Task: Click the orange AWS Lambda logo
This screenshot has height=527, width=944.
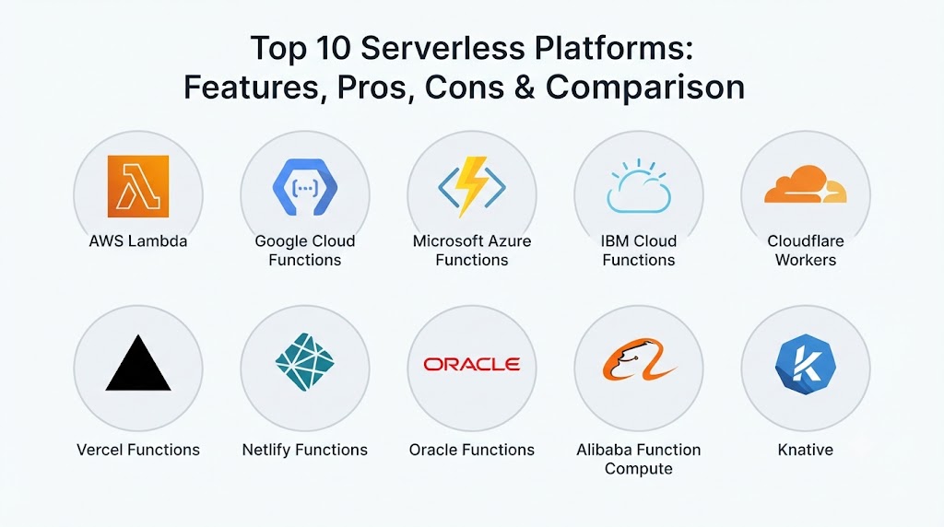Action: tap(138, 186)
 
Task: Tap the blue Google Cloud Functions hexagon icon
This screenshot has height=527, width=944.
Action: tap(304, 187)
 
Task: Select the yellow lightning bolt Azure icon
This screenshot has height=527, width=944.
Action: tap(472, 187)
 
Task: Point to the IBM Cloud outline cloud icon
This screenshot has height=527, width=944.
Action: tap(639, 186)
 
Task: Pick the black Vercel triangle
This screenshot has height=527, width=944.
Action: tap(138, 363)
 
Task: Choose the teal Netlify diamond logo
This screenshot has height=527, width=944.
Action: tap(304, 361)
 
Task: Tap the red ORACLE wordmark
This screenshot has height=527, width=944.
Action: tap(472, 364)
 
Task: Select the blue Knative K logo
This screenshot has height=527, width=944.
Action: tap(806, 363)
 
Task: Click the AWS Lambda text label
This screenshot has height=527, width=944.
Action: tap(138, 241)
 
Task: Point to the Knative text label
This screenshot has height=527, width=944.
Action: tap(806, 450)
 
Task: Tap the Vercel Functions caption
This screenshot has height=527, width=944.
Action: tap(138, 450)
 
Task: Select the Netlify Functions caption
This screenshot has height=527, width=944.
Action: tap(304, 450)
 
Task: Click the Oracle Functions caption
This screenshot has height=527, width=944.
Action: tap(472, 450)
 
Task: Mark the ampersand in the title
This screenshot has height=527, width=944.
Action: tap(525, 88)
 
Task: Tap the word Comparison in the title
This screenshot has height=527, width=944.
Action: tap(645, 88)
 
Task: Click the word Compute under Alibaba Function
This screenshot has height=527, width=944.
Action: tap(639, 469)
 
